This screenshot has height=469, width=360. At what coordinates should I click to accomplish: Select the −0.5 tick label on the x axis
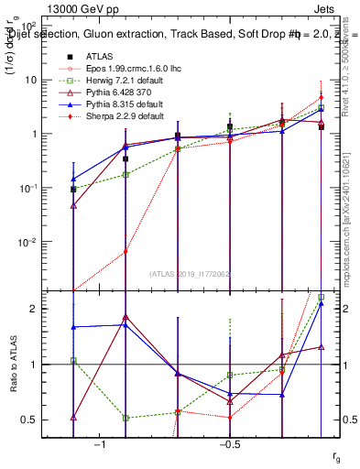(x=229, y=444)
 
